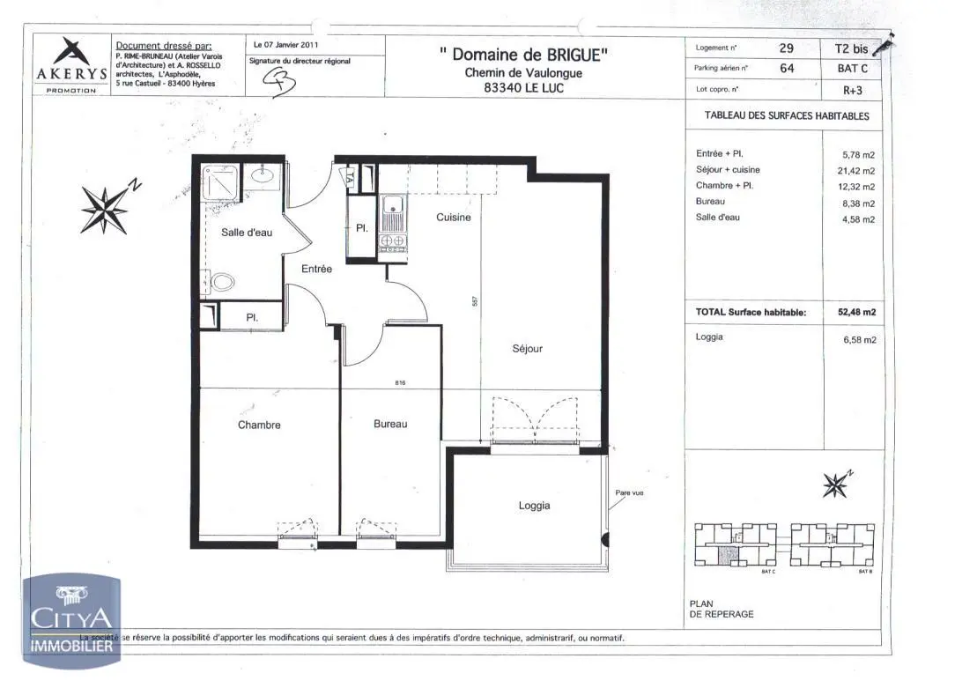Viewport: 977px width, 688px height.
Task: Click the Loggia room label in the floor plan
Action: coord(534,506)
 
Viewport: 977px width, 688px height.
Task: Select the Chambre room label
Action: coord(259,425)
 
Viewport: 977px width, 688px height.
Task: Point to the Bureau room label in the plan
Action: coord(390,425)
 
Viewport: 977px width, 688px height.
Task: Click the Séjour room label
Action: coord(527,349)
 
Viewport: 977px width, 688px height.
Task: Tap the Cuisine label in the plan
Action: coord(454,218)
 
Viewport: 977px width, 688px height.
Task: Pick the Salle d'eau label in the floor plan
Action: coord(247,233)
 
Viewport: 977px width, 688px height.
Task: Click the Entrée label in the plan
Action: coord(317,270)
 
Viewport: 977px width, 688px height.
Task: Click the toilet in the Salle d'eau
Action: coord(224,283)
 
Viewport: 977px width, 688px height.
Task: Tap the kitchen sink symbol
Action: coord(392,210)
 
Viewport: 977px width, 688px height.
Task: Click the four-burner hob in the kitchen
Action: coord(392,240)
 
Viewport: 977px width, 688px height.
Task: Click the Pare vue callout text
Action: coord(629,493)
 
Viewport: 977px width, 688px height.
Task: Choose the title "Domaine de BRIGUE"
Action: coord(522,55)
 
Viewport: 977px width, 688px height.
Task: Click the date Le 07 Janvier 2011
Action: coord(285,44)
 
